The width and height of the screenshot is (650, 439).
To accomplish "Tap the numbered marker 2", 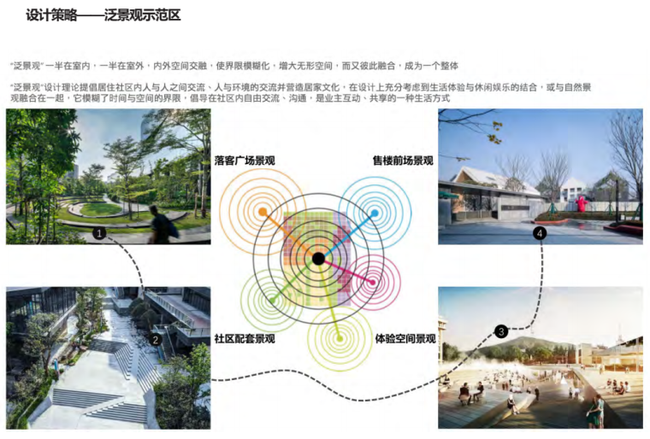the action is tap(156, 339).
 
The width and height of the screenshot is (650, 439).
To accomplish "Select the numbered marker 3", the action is tap(501, 331).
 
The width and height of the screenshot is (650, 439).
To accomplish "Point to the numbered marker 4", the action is tap(540, 232).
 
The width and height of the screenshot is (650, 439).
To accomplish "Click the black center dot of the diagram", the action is tap(318, 258).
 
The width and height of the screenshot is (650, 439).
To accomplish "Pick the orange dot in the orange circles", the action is tap(263, 210).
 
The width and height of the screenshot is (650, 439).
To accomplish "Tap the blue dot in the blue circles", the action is tap(374, 211).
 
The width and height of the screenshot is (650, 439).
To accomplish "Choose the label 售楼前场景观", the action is tap(402, 161).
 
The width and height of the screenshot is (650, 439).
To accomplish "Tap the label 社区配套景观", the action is tap(244, 339).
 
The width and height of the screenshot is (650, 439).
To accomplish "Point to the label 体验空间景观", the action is tap(405, 339).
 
